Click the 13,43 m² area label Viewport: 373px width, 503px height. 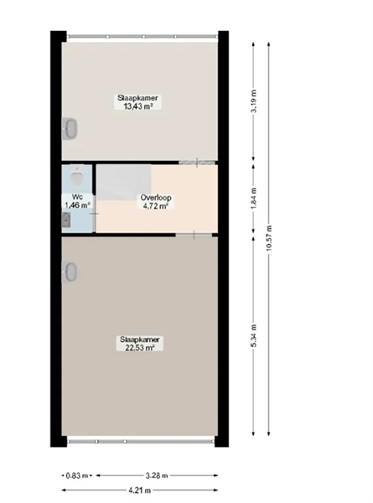pos(137,106)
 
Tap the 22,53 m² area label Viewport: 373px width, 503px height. pos(140,348)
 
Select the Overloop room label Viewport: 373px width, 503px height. pos(156,198)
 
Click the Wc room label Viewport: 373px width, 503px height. pos(77,197)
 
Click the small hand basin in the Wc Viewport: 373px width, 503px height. pos(66,220)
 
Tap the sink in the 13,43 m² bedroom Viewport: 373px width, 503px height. pos(70,128)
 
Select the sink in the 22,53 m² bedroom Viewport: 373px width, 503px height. pos(70,272)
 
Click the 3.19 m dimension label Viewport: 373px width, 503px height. pos(254,101)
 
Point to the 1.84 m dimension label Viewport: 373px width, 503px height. pos(254,199)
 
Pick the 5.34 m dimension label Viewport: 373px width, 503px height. pos(254,335)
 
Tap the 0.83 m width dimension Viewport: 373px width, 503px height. pos(77,475)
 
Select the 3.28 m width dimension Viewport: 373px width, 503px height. pos(157,475)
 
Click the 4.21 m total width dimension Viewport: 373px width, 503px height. pos(139,490)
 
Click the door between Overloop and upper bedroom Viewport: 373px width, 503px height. pos(197,163)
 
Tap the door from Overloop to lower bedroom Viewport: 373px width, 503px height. pos(194,235)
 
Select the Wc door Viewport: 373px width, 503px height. pos(94,213)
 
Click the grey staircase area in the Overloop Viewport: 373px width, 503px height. pos(124,182)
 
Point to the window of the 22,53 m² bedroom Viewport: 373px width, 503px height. pos(140,442)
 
